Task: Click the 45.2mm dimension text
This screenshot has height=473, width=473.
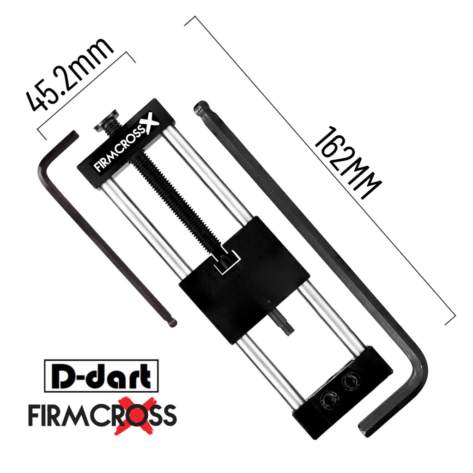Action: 69,76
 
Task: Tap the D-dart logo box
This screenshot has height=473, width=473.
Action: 101,376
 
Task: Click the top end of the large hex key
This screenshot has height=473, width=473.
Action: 201,109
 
